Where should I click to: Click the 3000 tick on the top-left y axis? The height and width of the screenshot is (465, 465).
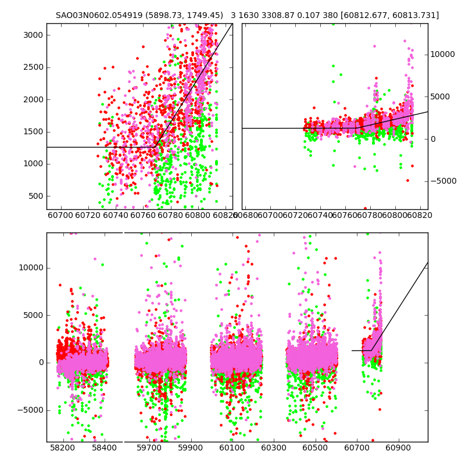(x=33, y=35)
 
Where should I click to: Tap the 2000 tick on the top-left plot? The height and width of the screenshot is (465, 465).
(x=33, y=99)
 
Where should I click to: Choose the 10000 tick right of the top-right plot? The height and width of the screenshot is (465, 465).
(x=443, y=54)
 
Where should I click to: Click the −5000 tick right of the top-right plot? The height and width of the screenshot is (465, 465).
(x=443, y=181)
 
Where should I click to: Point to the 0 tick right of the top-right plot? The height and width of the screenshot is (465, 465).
(x=433, y=139)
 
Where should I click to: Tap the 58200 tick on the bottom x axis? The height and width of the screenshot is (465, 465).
(x=62, y=449)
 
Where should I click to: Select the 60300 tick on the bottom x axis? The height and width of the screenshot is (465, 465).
(x=274, y=449)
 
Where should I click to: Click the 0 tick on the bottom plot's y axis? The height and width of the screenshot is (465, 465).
(x=40, y=362)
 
